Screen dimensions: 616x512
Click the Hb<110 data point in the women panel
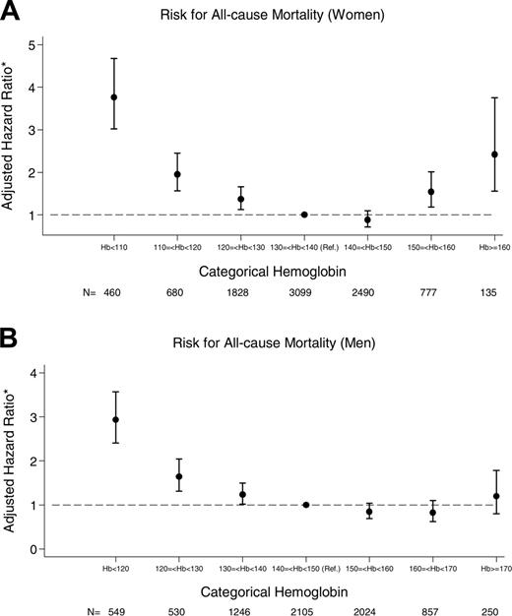pos(114,97)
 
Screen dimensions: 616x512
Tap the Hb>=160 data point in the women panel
pos(495,154)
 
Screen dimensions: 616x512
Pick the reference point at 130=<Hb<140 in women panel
pos(304,215)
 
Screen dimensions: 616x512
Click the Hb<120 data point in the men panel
pos(114,420)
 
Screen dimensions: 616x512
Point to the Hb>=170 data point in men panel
pos(495,497)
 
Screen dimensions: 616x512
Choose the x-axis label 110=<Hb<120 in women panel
pos(177,238)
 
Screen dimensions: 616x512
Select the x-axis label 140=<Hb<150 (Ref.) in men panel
pos(304,569)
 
